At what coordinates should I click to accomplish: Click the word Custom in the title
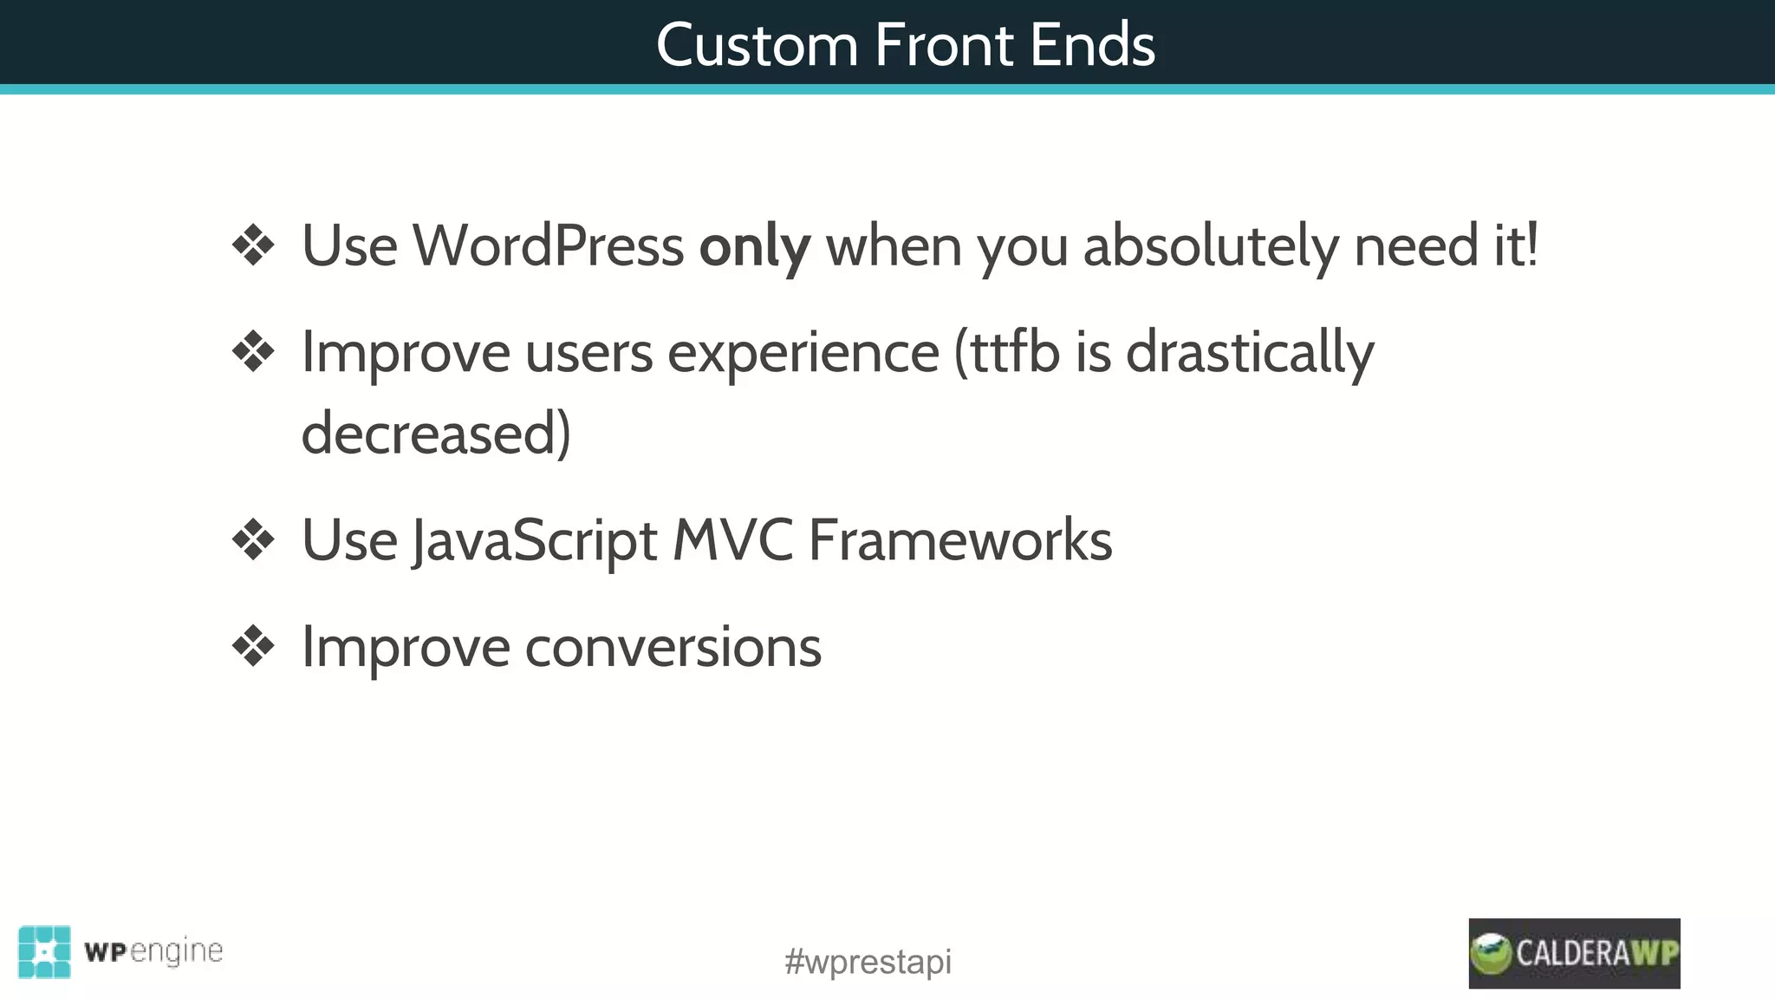click(757, 45)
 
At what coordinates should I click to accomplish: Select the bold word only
click(755, 247)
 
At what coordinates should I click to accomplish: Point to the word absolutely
click(1210, 247)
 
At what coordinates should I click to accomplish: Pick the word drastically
click(1250, 354)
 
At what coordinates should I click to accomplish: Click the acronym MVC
click(732, 540)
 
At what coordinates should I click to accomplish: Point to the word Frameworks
click(959, 540)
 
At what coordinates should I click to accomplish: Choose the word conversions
click(673, 647)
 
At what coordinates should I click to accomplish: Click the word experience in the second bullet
click(803, 354)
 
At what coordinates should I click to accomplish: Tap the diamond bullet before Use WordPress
click(253, 245)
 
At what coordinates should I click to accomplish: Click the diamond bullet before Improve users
click(253, 352)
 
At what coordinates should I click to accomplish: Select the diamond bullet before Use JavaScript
click(253, 540)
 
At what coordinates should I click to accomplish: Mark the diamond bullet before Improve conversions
click(253, 647)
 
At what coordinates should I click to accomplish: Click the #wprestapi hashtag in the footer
click(868, 962)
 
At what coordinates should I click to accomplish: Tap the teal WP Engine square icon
click(44, 952)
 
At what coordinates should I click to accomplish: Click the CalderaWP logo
click(1574, 953)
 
